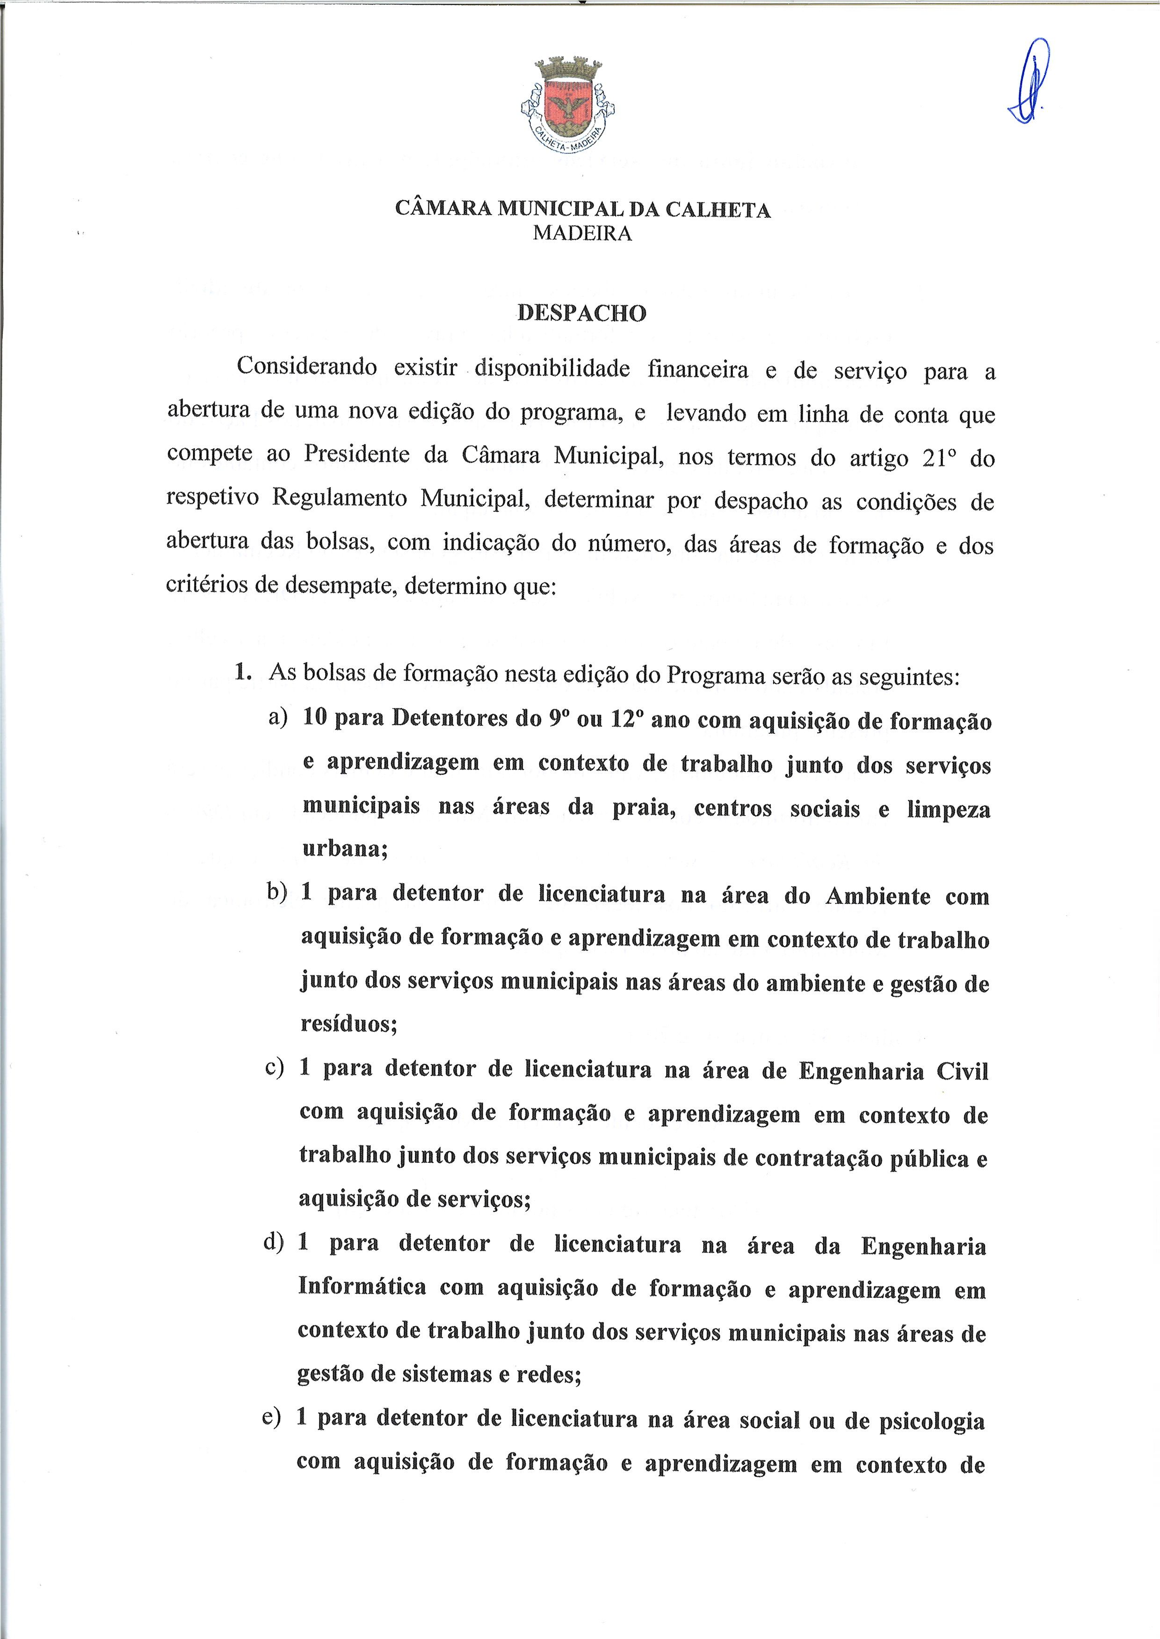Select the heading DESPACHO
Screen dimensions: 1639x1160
pyautogui.click(x=581, y=313)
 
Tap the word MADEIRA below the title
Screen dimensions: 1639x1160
pyautogui.click(x=582, y=233)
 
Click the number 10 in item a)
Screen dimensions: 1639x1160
pyautogui.click(x=314, y=717)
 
